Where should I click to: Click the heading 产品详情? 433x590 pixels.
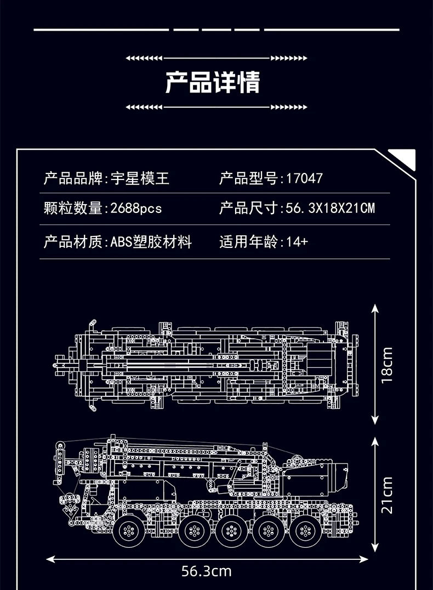click(x=213, y=82)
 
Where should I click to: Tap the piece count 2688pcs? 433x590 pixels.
click(x=136, y=208)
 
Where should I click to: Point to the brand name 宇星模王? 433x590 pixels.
click(x=140, y=178)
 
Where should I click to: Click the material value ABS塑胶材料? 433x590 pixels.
click(x=151, y=241)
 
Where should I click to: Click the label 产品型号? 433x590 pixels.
click(x=249, y=178)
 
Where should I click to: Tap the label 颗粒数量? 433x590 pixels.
click(x=73, y=208)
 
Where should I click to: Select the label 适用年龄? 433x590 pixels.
click(x=249, y=241)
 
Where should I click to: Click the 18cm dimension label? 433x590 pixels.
click(x=387, y=364)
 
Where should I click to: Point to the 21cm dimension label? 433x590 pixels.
click(x=387, y=495)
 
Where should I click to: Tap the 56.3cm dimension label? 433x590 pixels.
click(x=206, y=572)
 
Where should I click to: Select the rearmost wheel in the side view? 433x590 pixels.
click(x=304, y=530)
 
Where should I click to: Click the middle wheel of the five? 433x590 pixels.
click(x=226, y=530)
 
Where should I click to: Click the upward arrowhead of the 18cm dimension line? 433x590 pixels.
click(x=375, y=308)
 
